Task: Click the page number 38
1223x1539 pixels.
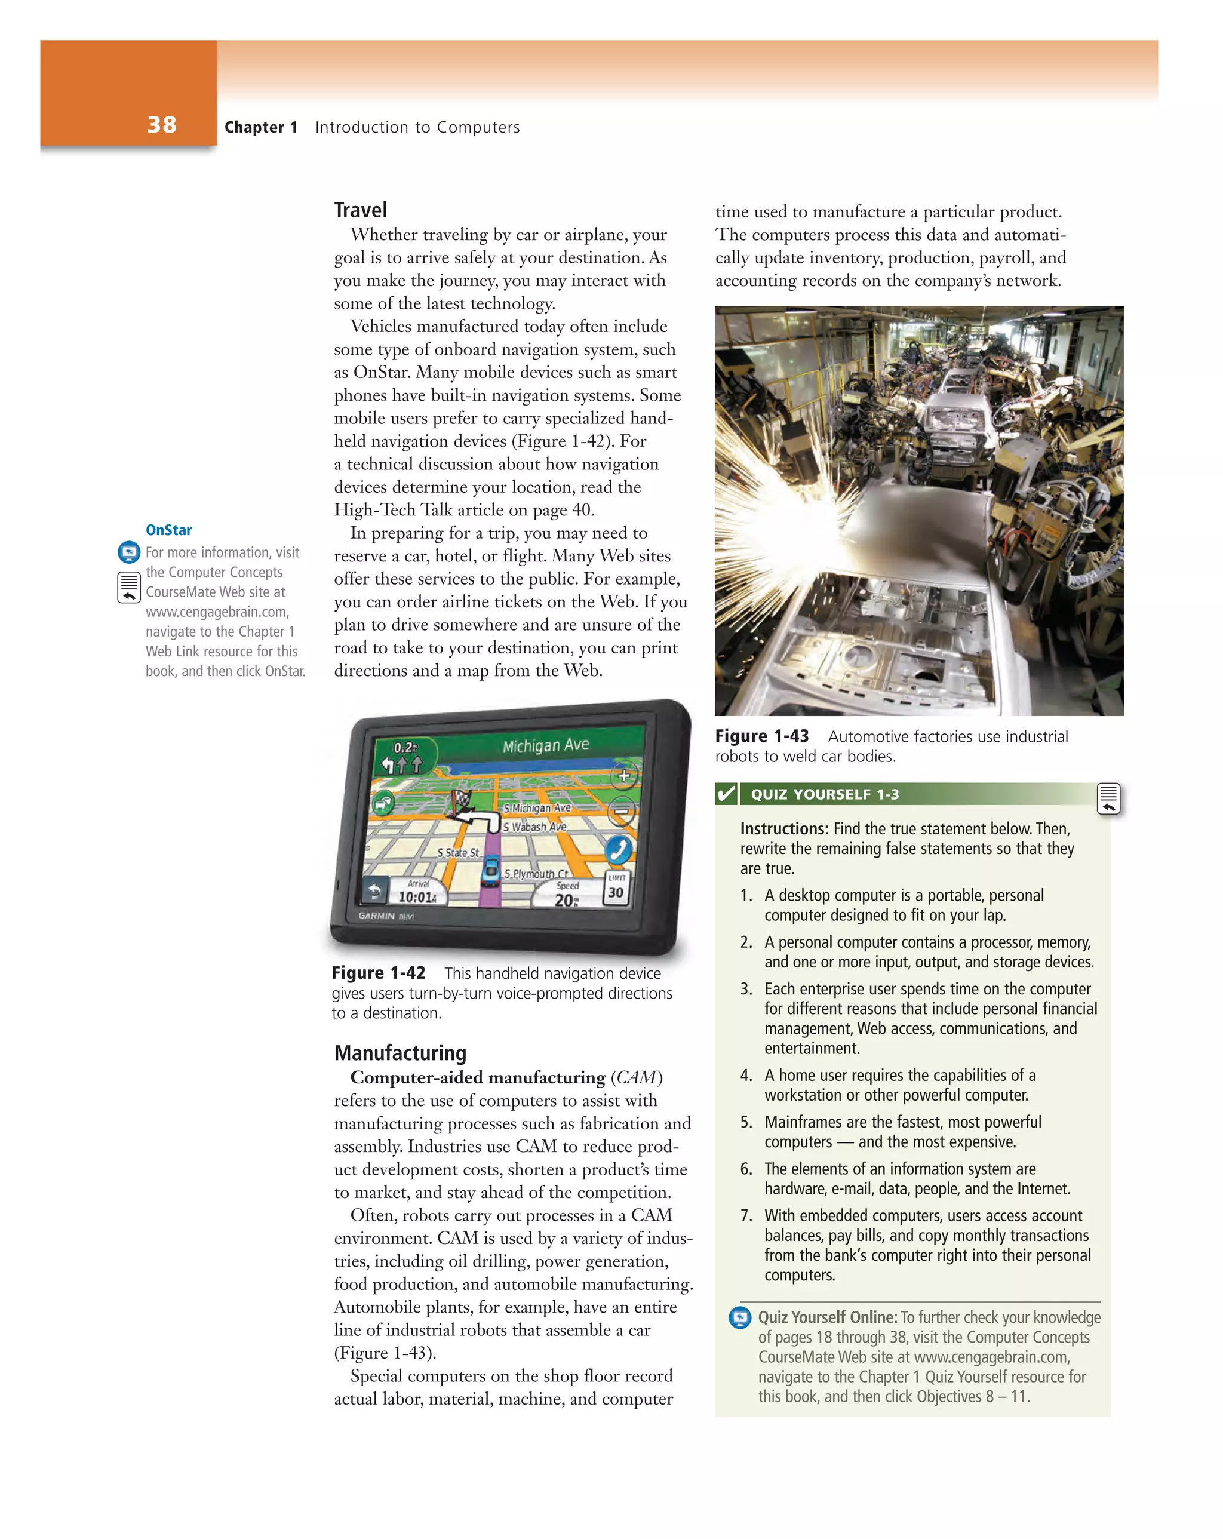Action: [161, 125]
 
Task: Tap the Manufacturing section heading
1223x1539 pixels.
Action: [400, 1053]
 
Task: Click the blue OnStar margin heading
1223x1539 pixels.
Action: [168, 530]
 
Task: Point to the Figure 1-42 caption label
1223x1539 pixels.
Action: [379, 973]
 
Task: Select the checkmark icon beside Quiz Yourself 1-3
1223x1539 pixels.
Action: [726, 794]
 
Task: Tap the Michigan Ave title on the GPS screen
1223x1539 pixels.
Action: [545, 745]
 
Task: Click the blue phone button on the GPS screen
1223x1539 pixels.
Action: [618, 850]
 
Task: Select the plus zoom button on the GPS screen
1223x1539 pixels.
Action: [624, 776]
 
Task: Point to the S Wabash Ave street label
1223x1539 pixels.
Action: [534, 827]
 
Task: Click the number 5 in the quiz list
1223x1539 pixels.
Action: [746, 1122]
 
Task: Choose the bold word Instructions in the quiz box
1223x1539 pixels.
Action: [784, 829]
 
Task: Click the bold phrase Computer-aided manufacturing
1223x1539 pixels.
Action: [478, 1077]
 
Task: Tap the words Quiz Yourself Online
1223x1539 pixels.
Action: [826, 1317]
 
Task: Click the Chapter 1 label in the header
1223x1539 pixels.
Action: [260, 127]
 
